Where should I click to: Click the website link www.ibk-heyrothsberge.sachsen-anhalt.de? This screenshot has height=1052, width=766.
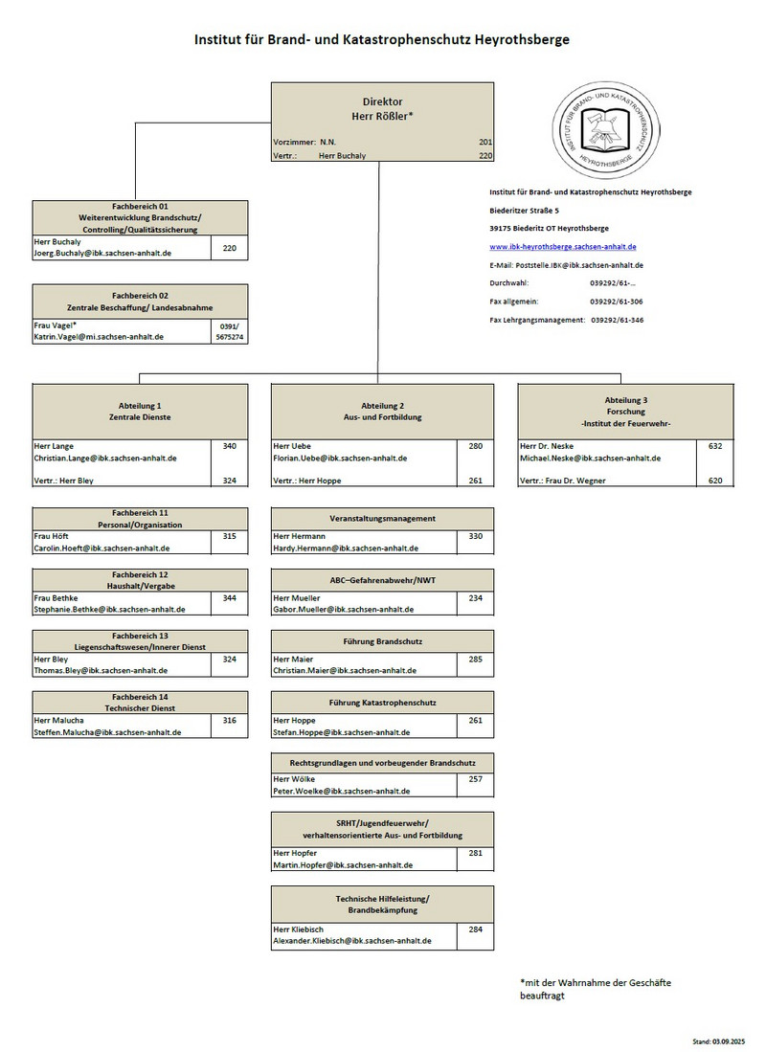point(562,247)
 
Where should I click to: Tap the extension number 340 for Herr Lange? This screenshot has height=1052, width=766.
point(230,446)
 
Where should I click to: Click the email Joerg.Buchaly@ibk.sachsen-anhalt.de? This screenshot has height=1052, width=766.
point(102,254)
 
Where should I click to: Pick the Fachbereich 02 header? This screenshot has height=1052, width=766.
point(140,302)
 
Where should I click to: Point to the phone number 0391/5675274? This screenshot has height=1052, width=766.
point(230,331)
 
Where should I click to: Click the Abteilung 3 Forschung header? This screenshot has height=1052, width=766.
point(626,411)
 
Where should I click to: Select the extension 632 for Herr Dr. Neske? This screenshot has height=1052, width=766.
point(715,446)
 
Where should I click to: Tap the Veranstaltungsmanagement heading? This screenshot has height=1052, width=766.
point(383,518)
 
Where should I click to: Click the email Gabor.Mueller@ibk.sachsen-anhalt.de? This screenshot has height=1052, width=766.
point(344,610)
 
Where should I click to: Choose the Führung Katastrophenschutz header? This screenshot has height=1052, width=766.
point(383,703)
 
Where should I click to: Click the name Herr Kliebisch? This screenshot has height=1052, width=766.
point(300,929)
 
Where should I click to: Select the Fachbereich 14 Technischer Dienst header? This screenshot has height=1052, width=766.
point(140,703)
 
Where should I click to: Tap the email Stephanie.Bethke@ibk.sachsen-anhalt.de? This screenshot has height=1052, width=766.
point(109,610)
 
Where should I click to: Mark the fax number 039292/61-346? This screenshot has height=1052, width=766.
point(617,320)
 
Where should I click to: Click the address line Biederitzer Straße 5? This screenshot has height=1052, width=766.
point(525,211)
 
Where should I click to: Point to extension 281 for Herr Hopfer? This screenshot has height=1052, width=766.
point(476,853)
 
